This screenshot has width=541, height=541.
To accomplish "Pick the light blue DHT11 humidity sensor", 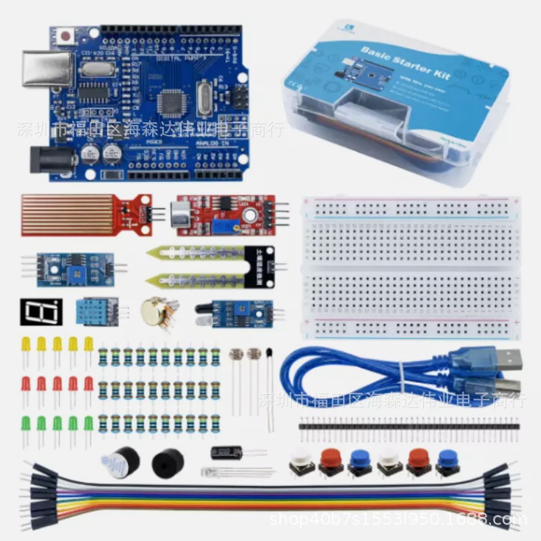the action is [95, 311].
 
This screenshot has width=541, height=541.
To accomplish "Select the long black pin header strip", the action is [408, 423].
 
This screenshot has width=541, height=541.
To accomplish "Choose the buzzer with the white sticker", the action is [119, 460].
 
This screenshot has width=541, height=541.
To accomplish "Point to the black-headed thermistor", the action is [269, 354].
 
